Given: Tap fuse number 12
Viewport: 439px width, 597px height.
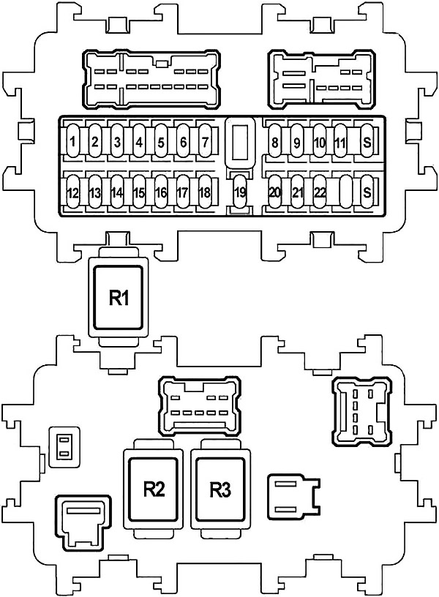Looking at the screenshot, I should coord(73,193).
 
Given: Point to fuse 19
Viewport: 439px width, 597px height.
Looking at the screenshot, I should coord(239,193).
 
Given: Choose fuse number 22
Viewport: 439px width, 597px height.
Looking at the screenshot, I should coord(320,193).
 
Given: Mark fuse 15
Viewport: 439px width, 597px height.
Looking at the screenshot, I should coord(139,193).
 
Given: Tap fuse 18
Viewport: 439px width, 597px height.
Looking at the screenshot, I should coord(205,193).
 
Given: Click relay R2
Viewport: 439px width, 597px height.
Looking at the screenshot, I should coord(154,489).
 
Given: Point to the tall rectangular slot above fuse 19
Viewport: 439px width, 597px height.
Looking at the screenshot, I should coord(239,141).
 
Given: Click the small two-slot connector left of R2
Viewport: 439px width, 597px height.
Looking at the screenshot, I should coord(64,446).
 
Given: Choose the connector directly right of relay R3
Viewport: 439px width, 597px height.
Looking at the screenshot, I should coord(294,495).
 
